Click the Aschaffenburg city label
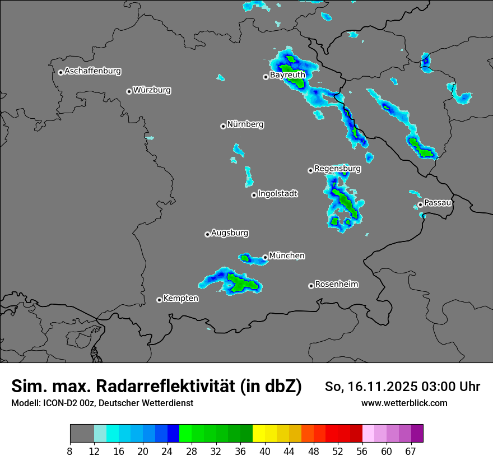(x=92, y=71)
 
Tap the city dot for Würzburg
(x=129, y=91)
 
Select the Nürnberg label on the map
(x=245, y=124)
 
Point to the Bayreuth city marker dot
(x=266, y=77)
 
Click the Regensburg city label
(x=337, y=168)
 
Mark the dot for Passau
(x=420, y=204)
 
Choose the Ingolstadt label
(x=278, y=194)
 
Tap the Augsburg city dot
(x=207, y=234)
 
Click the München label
(x=287, y=255)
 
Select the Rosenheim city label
(x=336, y=284)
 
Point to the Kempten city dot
(x=159, y=300)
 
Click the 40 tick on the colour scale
(x=264, y=452)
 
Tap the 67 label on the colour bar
(x=411, y=452)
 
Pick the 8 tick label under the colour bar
(x=69, y=452)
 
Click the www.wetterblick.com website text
(x=404, y=403)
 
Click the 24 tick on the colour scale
(x=167, y=452)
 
